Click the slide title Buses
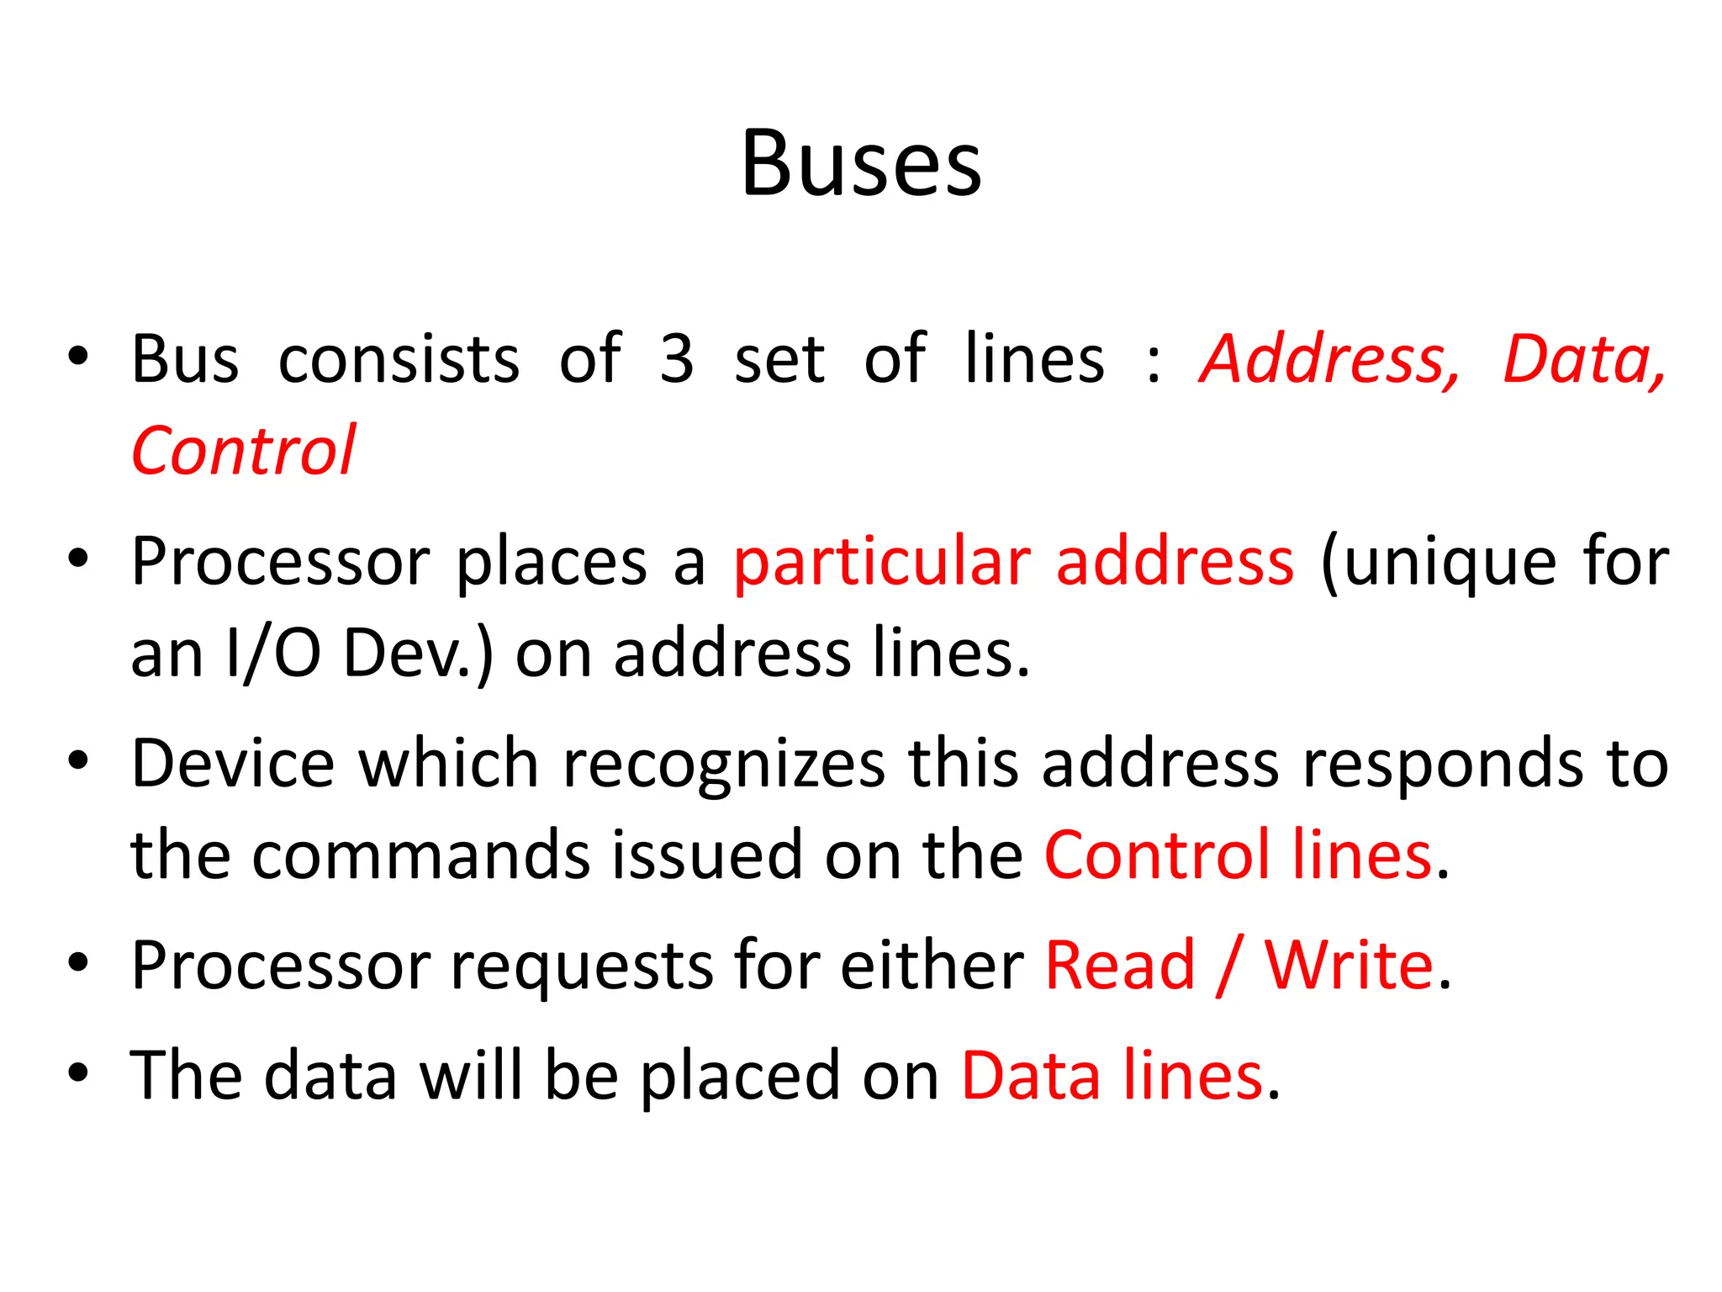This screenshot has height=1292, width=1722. [861, 163]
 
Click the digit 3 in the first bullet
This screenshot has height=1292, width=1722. [677, 359]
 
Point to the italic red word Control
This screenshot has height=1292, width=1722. [244, 452]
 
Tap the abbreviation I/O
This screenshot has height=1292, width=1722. [273, 654]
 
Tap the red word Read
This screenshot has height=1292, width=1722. [1120, 965]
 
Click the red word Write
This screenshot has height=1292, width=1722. [1349, 965]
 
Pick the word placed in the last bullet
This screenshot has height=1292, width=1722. [740, 1077]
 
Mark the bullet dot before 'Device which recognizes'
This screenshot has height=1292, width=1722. [78, 761]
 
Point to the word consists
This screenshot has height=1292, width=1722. [399, 359]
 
